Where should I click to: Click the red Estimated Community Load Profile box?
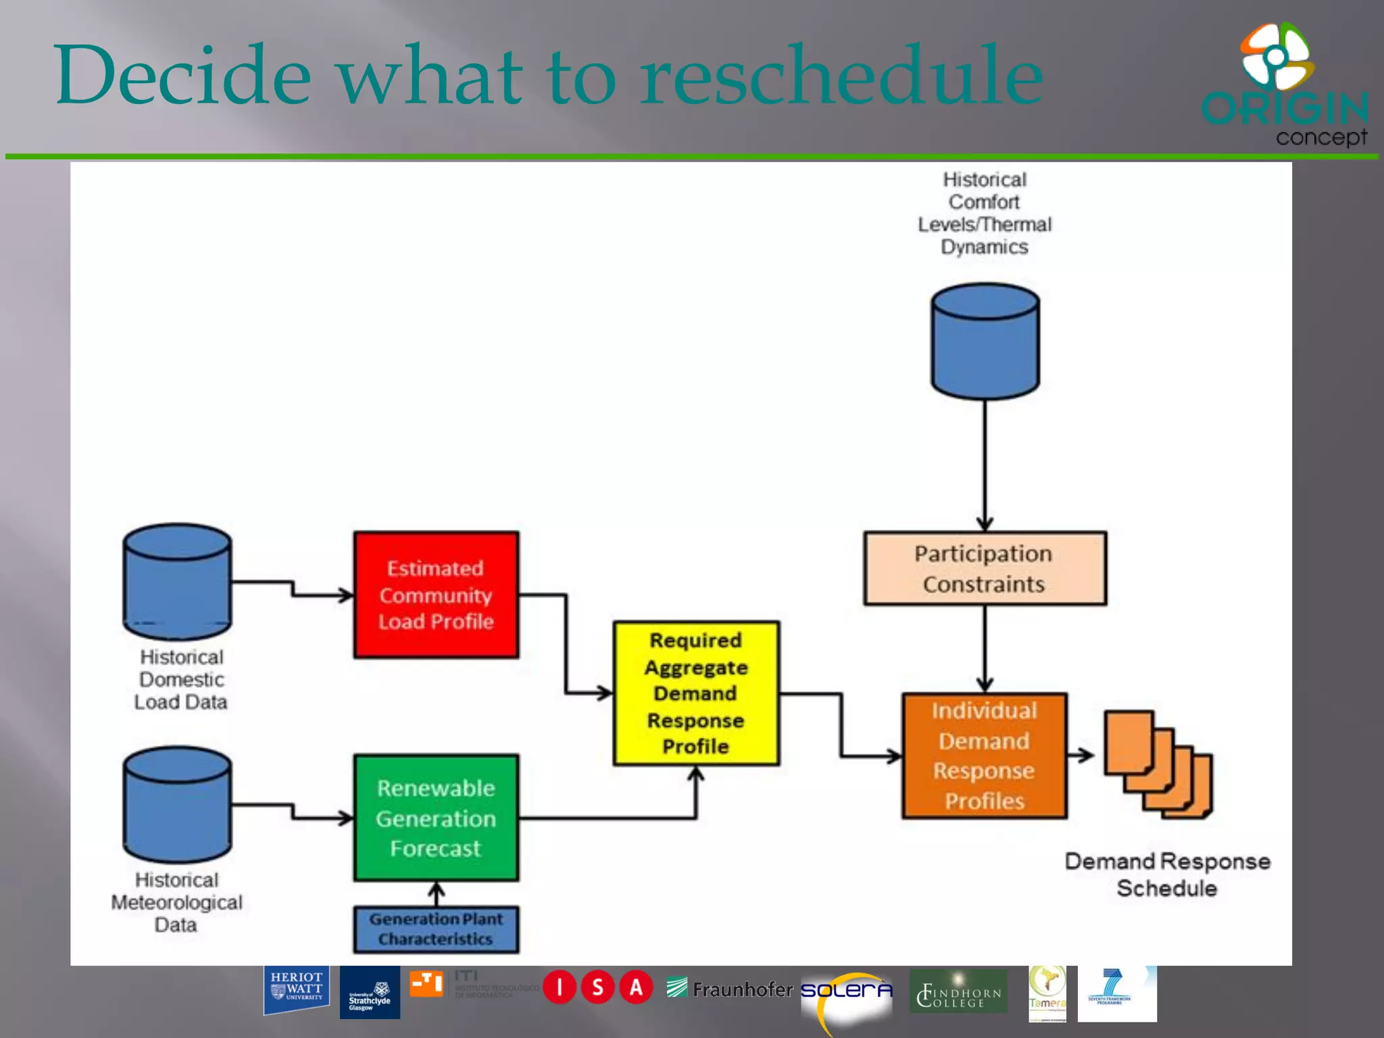(x=436, y=595)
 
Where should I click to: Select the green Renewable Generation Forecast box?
(x=436, y=818)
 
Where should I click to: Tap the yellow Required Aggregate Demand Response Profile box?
(x=696, y=693)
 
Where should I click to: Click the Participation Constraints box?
(x=985, y=568)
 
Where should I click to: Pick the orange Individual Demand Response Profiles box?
(x=985, y=756)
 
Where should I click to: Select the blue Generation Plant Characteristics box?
(x=436, y=929)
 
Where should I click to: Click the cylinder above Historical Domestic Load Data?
(x=177, y=581)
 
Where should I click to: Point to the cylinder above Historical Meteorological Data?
(x=177, y=804)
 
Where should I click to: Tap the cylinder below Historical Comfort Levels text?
(x=985, y=341)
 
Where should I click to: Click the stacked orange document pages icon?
(x=1158, y=764)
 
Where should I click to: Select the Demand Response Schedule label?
(x=1167, y=874)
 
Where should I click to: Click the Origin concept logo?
(x=1284, y=84)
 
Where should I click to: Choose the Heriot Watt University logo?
(x=296, y=989)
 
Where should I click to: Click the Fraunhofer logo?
(x=730, y=989)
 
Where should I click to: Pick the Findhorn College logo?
(x=958, y=992)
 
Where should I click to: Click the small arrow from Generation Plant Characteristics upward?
(x=437, y=893)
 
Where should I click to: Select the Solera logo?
(x=846, y=992)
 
